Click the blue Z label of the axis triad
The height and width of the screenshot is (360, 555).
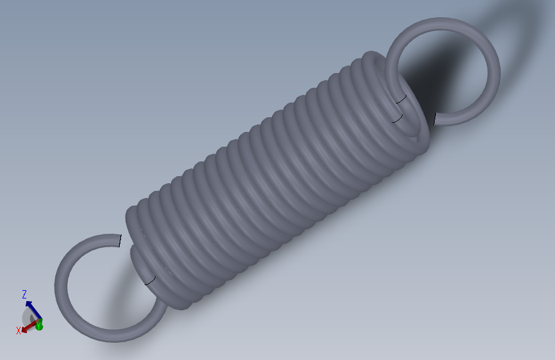point(24,294)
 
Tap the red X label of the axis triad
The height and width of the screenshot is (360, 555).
point(18,331)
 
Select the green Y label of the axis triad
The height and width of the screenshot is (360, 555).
point(39,326)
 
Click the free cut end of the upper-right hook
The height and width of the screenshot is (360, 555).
point(435,119)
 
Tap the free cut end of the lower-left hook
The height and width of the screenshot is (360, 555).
point(119,241)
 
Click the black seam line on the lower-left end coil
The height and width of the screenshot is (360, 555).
point(150,281)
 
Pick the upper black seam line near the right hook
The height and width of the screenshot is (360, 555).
point(401,99)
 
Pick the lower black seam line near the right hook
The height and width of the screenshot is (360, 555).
point(397,119)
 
